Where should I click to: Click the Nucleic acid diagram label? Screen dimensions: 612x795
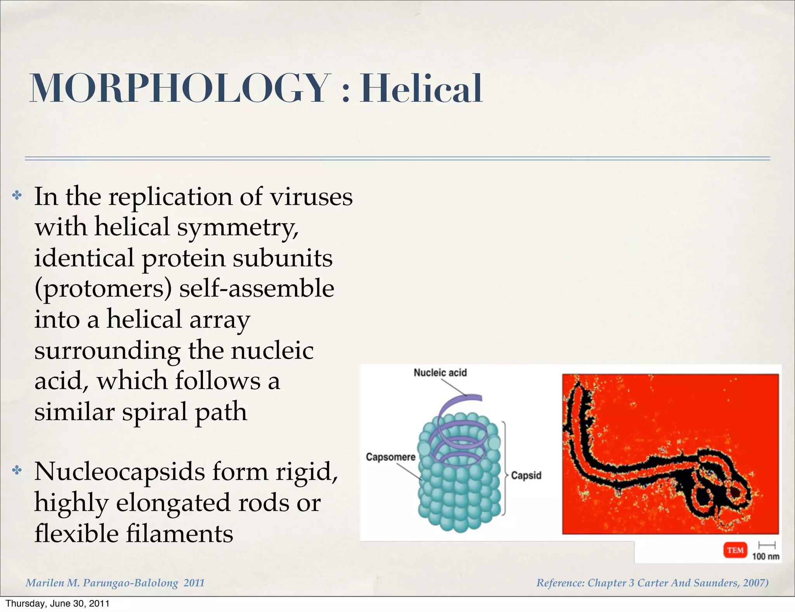pyautogui.click(x=440, y=373)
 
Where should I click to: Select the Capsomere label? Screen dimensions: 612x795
pyautogui.click(x=391, y=457)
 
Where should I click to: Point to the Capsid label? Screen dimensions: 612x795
pyautogui.click(x=526, y=475)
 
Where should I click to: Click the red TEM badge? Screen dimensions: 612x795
pyautogui.click(x=735, y=550)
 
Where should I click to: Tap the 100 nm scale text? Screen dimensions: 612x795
pyautogui.click(x=765, y=556)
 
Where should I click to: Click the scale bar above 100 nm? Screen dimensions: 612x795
pyautogui.click(x=767, y=545)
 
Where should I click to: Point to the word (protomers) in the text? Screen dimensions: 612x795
pyautogui.click(x=103, y=289)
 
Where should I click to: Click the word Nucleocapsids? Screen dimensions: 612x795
pyautogui.click(x=119, y=472)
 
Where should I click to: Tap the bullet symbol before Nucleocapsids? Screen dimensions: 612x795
pyautogui.click(x=17, y=471)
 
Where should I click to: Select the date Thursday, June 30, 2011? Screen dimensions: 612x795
pyautogui.click(x=57, y=603)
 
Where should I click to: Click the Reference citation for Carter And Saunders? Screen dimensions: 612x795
pyautogui.click(x=652, y=583)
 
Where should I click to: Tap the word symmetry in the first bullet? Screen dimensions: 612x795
pyautogui.click(x=238, y=227)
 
